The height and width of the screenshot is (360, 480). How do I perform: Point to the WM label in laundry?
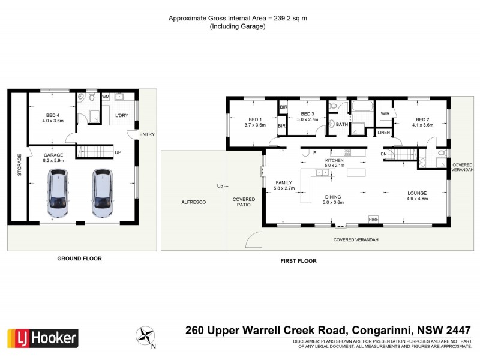tap(106, 97)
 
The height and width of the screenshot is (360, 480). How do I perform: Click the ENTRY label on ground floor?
tap(146, 134)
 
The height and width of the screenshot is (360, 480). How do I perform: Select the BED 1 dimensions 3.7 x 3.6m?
tap(255, 125)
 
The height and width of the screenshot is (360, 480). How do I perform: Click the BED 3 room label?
tap(308, 114)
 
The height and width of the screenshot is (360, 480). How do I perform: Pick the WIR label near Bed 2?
tap(385, 113)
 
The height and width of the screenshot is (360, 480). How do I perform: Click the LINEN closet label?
tap(384, 132)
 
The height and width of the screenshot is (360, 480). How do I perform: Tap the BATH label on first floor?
tap(341, 124)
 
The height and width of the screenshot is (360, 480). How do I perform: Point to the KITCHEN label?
tap(334, 161)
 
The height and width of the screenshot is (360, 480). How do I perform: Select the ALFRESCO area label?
tap(194, 203)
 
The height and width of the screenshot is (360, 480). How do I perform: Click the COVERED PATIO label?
tap(244, 202)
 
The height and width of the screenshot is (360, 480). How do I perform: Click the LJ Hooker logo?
tap(43, 338)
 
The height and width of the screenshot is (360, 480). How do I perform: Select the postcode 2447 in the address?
tap(460, 329)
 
